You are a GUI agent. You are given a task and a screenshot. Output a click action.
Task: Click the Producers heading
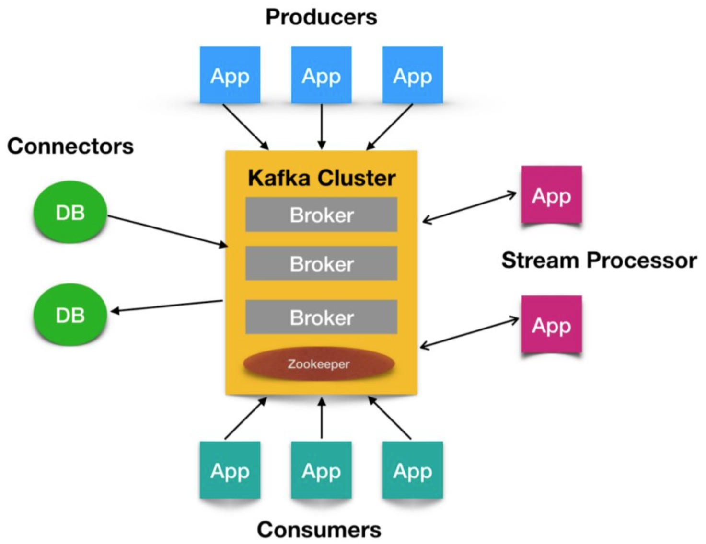click(321, 17)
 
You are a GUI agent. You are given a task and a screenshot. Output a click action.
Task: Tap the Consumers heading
click(319, 530)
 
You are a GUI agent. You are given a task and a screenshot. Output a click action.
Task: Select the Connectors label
click(70, 147)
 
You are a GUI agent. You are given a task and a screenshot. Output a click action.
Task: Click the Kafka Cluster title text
click(322, 178)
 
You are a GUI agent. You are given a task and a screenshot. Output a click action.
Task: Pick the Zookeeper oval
click(319, 364)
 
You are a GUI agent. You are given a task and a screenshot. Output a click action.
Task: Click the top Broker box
click(321, 215)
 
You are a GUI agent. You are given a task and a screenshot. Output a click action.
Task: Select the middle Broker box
click(321, 263)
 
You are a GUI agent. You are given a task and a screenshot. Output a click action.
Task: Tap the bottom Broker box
click(321, 317)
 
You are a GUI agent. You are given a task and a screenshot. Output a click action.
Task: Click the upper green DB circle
click(70, 212)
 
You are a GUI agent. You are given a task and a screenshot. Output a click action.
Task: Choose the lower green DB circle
click(70, 315)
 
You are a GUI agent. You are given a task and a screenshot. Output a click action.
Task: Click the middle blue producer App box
click(321, 75)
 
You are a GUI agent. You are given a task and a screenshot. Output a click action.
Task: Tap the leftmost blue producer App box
click(230, 75)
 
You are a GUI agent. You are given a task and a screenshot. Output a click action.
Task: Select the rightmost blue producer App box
click(413, 75)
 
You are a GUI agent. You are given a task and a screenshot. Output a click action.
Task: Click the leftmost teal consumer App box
click(230, 470)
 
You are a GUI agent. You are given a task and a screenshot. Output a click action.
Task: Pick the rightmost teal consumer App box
click(413, 470)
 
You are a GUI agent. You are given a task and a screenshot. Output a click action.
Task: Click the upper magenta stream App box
click(552, 194)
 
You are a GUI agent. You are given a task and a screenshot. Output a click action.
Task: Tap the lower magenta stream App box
click(552, 324)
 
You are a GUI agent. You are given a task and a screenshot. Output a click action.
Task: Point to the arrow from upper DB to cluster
click(168, 231)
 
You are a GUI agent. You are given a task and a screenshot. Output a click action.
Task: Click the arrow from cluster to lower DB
click(167, 306)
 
